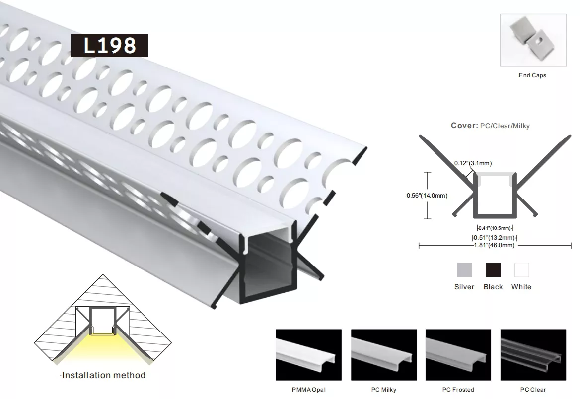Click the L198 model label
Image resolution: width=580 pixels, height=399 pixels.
point(109,46)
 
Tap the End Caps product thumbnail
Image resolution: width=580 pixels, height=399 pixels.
point(533,40)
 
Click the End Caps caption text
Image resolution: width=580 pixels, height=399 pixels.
point(532,75)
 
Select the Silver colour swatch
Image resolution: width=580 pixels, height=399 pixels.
point(464,269)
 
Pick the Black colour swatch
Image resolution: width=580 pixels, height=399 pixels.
point(493,269)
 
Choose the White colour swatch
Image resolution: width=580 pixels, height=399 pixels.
point(521,269)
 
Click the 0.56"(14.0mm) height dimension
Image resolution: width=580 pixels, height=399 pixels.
point(427,196)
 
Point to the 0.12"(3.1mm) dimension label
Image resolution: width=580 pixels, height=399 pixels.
point(473,163)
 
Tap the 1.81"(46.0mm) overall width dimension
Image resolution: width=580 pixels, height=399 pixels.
point(495,245)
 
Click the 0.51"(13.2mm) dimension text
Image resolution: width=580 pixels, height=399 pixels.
point(495,238)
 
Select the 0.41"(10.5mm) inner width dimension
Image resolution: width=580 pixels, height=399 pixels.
point(495,228)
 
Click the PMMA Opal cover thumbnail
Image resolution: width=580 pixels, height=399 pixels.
point(309,355)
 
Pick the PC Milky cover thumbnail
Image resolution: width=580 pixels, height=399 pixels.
point(383,355)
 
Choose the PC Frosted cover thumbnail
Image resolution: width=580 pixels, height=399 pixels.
point(458,355)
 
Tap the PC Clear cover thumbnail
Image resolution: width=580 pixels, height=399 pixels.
point(533,355)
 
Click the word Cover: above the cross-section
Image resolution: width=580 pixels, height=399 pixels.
point(465,126)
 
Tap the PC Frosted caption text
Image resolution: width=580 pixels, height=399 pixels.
point(458,390)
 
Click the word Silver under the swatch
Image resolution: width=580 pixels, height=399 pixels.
point(464,287)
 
